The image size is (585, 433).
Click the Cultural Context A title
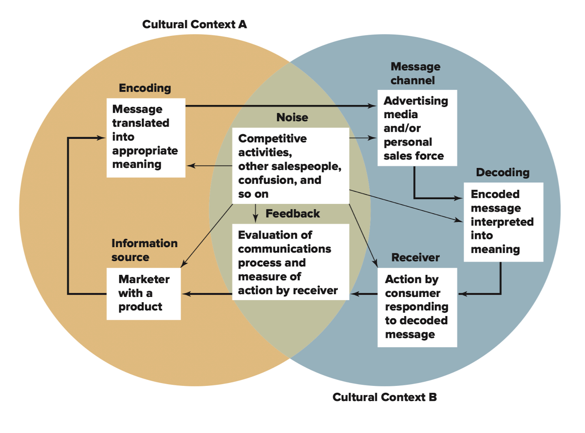pos(194,24)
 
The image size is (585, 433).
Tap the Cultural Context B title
pos(384,397)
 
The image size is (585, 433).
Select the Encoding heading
pos(145,88)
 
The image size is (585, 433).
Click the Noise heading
pos(292,117)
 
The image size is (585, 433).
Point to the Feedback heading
pos(292,213)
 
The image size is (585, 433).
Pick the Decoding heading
pos(502,172)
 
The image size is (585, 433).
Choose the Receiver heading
pos(415,257)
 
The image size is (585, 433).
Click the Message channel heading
pos(415,73)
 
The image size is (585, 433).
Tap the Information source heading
pos(144,250)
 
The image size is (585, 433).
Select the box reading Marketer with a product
pos(144,294)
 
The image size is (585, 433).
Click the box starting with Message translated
pos(146,137)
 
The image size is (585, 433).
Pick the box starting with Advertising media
pos(417,128)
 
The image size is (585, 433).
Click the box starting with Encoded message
pos(503,222)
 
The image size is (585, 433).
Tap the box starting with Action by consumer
pos(417,307)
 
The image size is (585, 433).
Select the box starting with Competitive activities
pos(290,166)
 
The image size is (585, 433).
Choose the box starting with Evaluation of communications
pos(290,262)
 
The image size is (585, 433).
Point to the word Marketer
pos(144,279)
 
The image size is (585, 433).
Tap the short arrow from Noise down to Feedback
pos(255,213)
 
